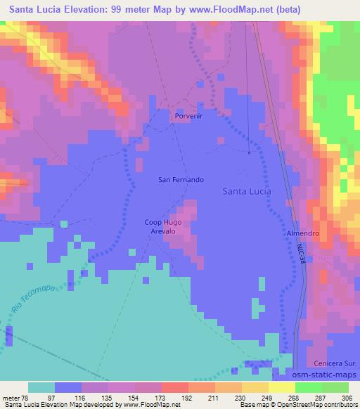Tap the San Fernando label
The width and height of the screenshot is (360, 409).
(181, 180)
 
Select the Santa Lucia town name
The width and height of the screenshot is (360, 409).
(247, 190)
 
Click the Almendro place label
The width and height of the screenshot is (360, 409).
(303, 233)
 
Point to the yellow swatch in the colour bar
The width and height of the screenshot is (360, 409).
(281, 387)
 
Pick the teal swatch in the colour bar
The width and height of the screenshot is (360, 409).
(41, 387)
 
